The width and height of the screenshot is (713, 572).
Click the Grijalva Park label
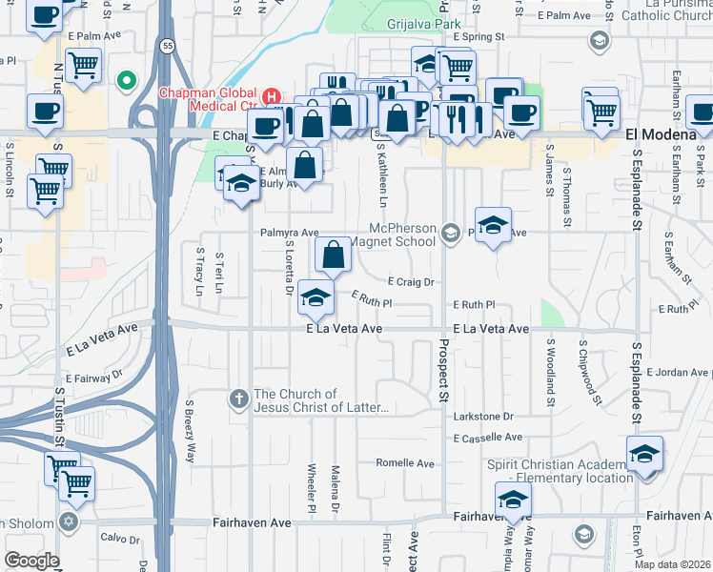tap(423, 24)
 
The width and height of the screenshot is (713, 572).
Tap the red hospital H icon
tap(272, 96)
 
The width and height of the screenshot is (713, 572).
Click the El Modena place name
tap(660, 135)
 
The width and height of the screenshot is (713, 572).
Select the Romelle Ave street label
tap(404, 463)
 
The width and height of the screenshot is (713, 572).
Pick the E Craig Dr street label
tap(411, 281)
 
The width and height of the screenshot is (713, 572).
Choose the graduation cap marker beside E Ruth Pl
tap(316, 297)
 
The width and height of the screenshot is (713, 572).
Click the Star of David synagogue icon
tap(68, 521)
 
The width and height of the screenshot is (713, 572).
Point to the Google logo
tap(31, 561)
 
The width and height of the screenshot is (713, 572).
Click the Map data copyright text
tap(672, 564)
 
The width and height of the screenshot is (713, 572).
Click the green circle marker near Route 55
tap(125, 80)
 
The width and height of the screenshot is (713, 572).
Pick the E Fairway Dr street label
tap(96, 379)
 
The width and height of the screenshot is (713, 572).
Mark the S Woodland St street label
tap(550, 362)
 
